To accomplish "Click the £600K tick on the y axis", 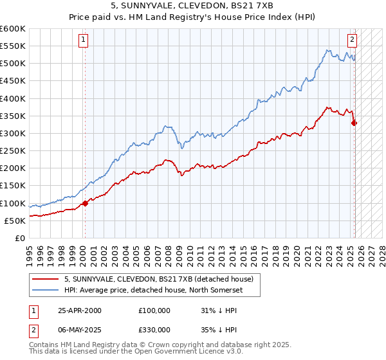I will [12, 29].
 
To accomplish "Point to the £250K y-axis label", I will [12, 151].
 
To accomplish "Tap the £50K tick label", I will [15, 221].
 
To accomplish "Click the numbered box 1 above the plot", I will [84, 39].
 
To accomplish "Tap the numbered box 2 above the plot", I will [353, 39].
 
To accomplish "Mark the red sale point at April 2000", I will [85, 203].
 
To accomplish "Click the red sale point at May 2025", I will [354, 123].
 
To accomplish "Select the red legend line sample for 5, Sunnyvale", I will [45, 279].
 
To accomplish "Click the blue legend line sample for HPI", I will [45, 289].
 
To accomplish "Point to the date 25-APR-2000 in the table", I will [80, 310].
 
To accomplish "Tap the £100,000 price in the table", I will [154, 310].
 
